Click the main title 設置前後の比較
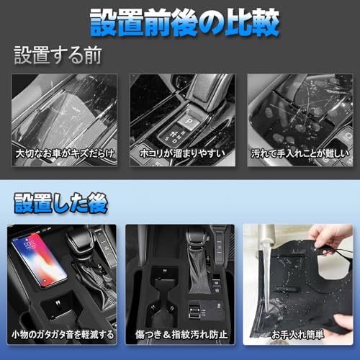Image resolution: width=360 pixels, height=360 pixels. coord(184,23)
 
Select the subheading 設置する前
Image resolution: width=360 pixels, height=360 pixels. coord(58,55)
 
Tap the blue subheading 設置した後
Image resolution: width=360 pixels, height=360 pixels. coord(60,204)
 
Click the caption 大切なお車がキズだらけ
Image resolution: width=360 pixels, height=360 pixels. coord(65,153)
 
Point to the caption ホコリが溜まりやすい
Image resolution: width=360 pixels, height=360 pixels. coord(182,153)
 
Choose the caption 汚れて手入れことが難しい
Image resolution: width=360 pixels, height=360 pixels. coord(300,153)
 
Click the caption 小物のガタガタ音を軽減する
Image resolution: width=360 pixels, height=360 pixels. coord(63,334)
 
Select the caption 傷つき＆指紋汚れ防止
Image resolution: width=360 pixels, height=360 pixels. coord(181,334)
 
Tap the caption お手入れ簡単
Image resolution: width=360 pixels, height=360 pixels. coord(297,334)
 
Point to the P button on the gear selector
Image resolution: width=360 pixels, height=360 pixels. coord(189,120)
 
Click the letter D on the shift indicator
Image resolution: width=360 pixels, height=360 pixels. coord(175,141)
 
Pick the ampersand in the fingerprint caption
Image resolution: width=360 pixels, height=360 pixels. coord(166,335)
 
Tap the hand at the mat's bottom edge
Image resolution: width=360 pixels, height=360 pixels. coord(343,324)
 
